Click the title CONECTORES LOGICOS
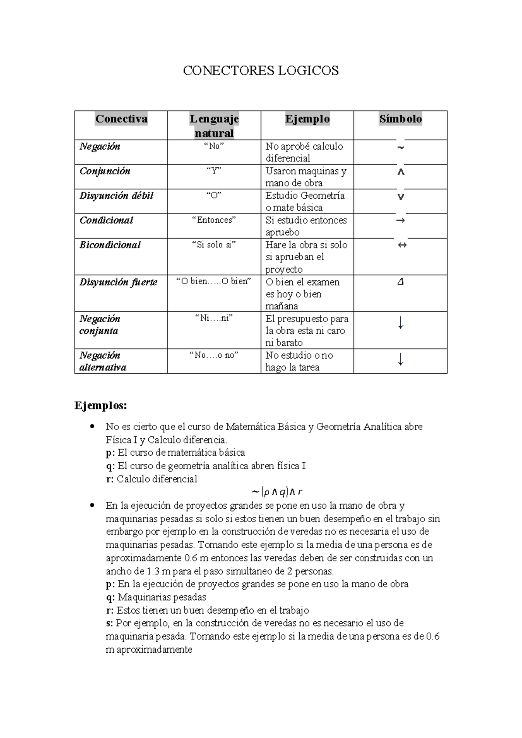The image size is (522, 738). coord(261,70)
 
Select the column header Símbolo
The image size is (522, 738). coord(400,119)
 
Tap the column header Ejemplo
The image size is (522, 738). coord(307,119)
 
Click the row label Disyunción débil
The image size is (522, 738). coord(116,195)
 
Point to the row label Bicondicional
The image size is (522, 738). coord(110,245)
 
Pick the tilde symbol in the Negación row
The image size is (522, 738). coord(401,148)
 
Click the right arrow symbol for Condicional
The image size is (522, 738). coord(401,220)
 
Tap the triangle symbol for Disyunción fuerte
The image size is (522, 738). coord(401,282)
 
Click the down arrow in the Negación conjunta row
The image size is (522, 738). coord(401,323)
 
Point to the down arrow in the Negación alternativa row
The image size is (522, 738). coord(401,359)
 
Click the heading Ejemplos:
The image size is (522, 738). coord(101,406)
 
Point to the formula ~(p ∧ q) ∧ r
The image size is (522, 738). coord(277,492)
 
